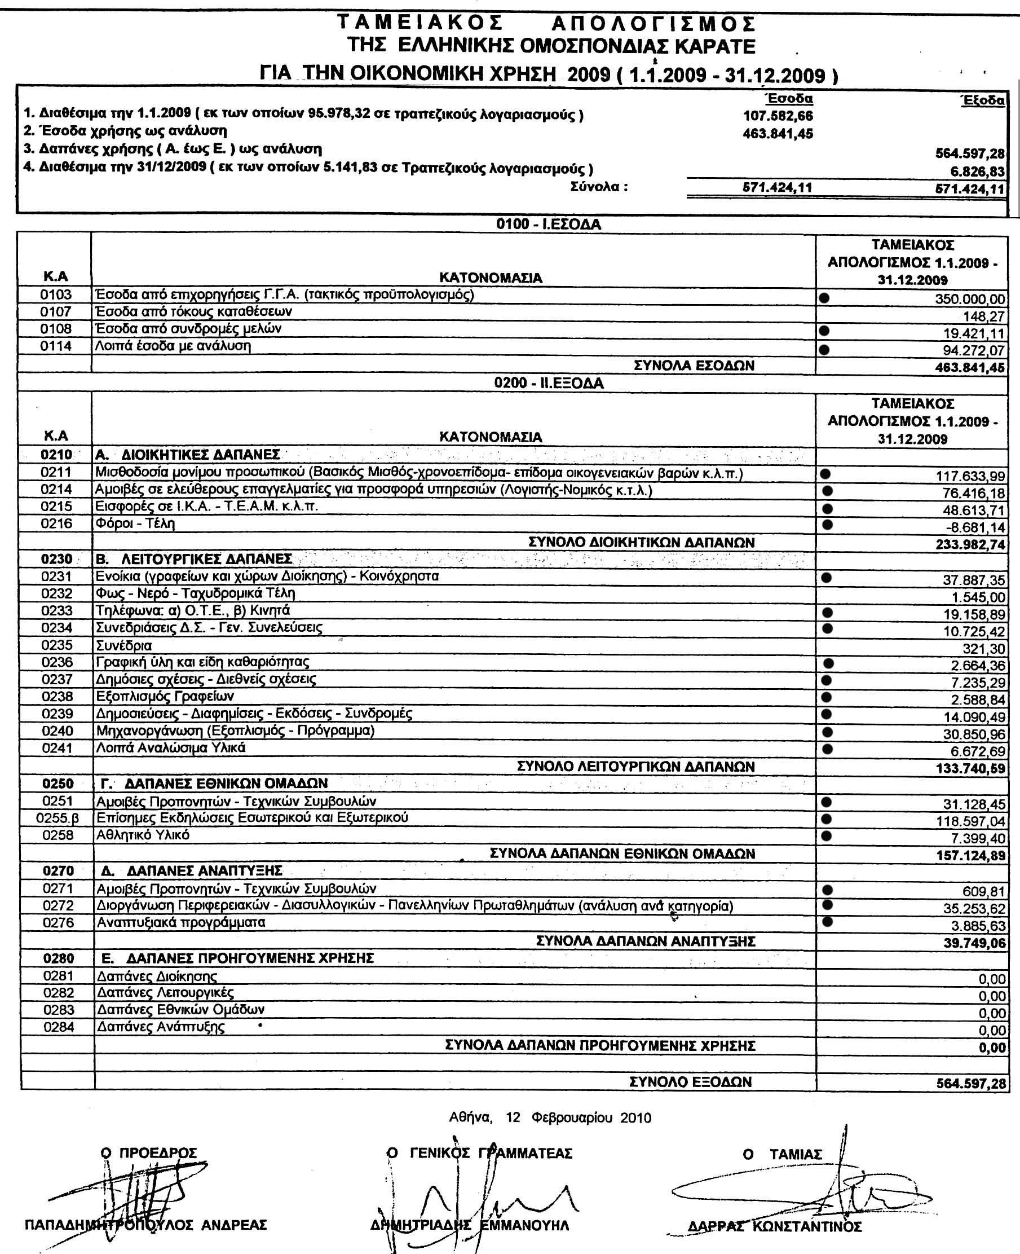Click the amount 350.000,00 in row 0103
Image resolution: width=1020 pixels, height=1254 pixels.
(970, 299)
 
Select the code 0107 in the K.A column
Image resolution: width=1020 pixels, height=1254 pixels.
(56, 311)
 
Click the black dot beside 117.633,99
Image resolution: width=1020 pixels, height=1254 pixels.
(825, 473)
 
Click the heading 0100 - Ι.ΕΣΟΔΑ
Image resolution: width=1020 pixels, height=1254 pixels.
(548, 224)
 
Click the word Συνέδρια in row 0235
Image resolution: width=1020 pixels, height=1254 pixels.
(124, 645)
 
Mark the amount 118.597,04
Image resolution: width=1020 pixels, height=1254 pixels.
(970, 821)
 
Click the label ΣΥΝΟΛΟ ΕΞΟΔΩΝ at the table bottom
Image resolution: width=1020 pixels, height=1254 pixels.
(690, 1082)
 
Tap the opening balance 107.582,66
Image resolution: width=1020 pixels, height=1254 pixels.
(778, 116)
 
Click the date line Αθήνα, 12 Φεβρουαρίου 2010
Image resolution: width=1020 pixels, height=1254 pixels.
(550, 1117)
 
